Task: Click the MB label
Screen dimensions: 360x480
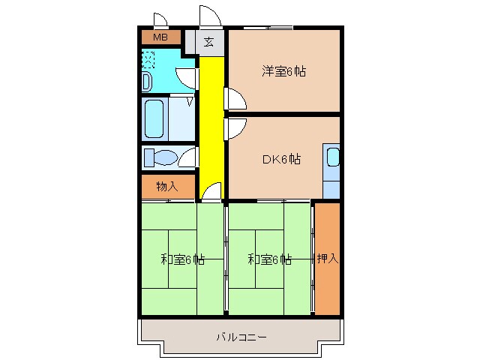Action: pyautogui.click(x=160, y=37)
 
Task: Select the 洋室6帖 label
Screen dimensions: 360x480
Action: pyautogui.click(x=283, y=72)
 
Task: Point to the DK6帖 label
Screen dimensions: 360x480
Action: pyautogui.click(x=282, y=159)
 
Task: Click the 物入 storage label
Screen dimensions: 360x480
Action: pyautogui.click(x=166, y=187)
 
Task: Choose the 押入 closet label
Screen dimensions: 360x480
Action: pyautogui.click(x=327, y=259)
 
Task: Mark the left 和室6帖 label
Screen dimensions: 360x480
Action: pyautogui.click(x=182, y=260)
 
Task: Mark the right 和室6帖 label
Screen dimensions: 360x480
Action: pyautogui.click(x=270, y=260)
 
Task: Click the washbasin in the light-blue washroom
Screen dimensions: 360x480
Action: pyautogui.click(x=148, y=81)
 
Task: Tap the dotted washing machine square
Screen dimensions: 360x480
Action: pyautogui.click(x=148, y=60)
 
